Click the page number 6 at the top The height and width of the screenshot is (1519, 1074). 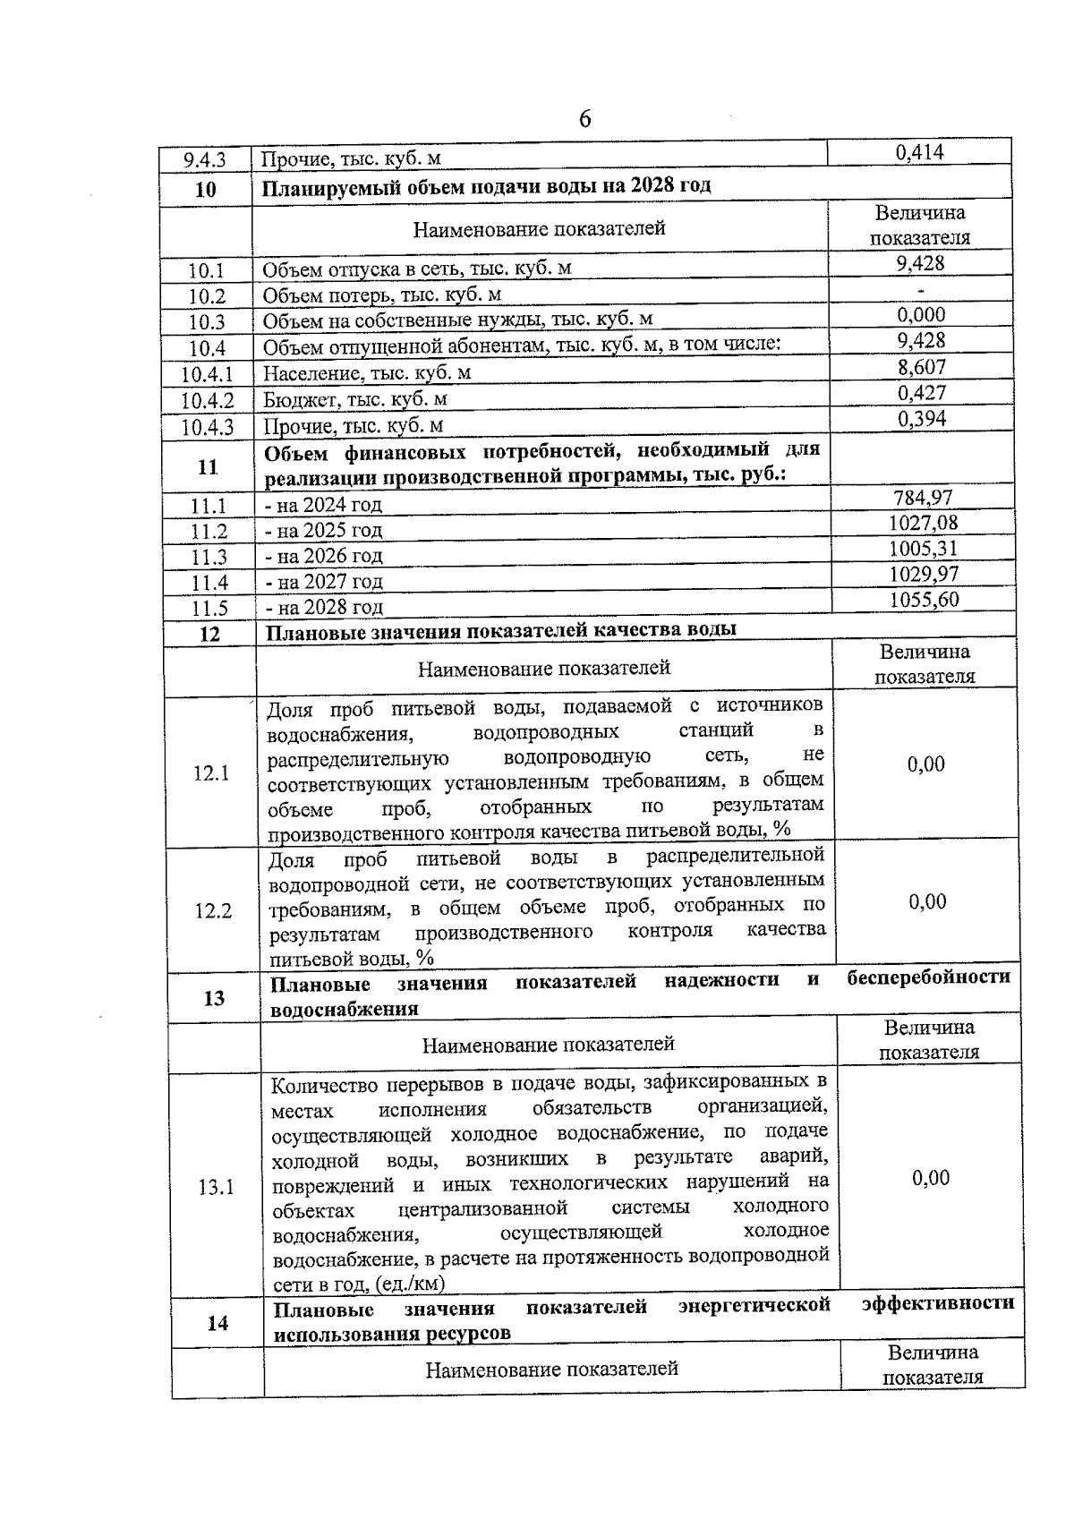(585, 118)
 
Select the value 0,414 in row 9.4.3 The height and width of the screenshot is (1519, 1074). (919, 152)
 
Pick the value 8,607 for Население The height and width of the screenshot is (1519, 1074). (921, 366)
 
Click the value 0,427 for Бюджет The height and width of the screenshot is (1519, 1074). (921, 392)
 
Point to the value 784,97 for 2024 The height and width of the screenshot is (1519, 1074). (923, 497)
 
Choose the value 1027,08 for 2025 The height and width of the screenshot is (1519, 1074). (923, 523)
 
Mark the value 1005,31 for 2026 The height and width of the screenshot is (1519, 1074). (923, 548)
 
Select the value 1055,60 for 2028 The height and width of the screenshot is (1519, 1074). (924, 599)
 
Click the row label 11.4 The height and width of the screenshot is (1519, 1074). (209, 583)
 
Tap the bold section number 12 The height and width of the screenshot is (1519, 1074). (209, 635)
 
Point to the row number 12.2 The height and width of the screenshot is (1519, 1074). (213, 911)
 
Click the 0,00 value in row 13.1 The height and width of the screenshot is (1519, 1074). (931, 1178)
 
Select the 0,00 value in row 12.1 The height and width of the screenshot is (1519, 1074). (926, 764)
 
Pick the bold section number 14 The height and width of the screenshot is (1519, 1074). (217, 1323)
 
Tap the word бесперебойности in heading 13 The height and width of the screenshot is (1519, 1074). (928, 977)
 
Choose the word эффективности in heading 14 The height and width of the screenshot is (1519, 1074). (938, 1302)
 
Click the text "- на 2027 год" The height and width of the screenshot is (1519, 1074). (323, 582)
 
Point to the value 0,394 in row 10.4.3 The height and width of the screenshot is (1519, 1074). (921, 418)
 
